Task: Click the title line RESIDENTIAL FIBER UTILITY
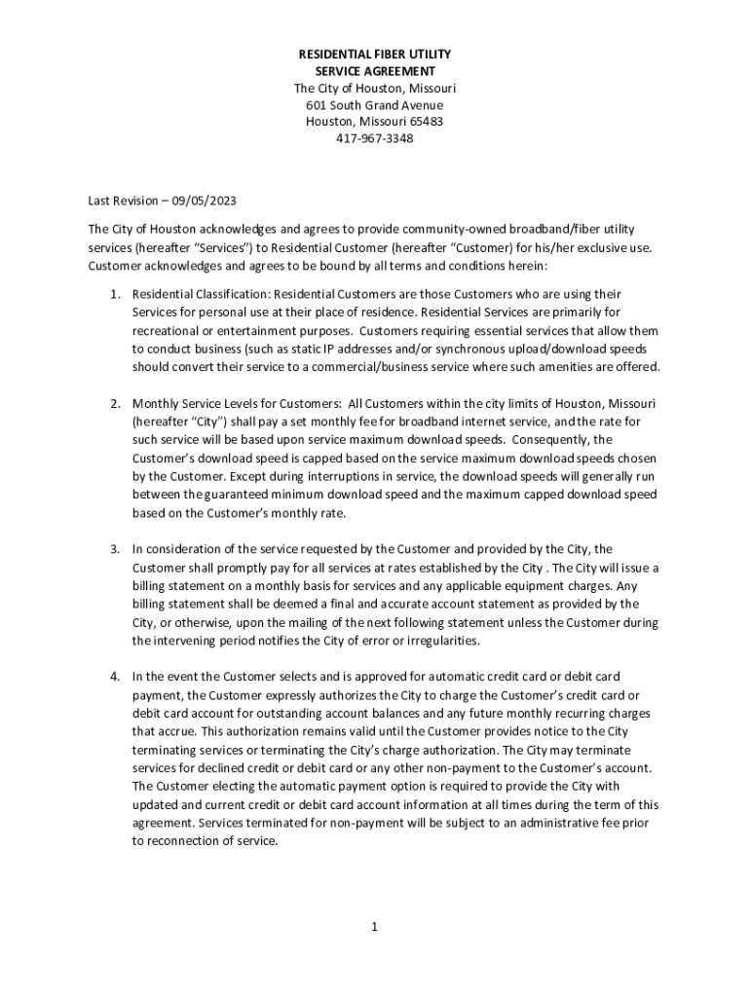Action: point(375,55)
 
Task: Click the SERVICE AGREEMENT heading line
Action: point(375,71)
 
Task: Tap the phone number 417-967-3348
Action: point(375,138)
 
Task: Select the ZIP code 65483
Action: point(426,122)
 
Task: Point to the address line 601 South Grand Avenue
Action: point(375,105)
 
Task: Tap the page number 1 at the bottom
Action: point(374,926)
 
